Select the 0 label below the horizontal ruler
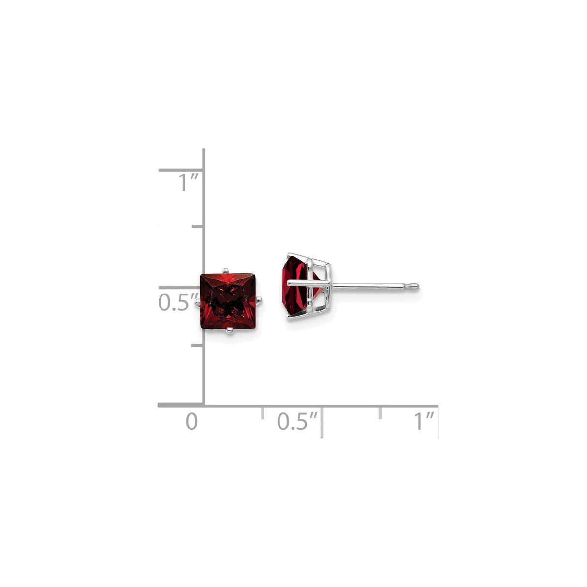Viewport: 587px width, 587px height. [192, 422]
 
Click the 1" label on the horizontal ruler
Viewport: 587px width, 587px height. [424, 422]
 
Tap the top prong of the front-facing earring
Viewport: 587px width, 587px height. [225, 270]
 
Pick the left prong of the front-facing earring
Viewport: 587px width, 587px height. [197, 303]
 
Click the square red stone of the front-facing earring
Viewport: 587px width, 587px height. [228, 300]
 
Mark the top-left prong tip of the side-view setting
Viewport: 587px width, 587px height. [289, 254]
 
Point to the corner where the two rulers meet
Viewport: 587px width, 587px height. [204, 405]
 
